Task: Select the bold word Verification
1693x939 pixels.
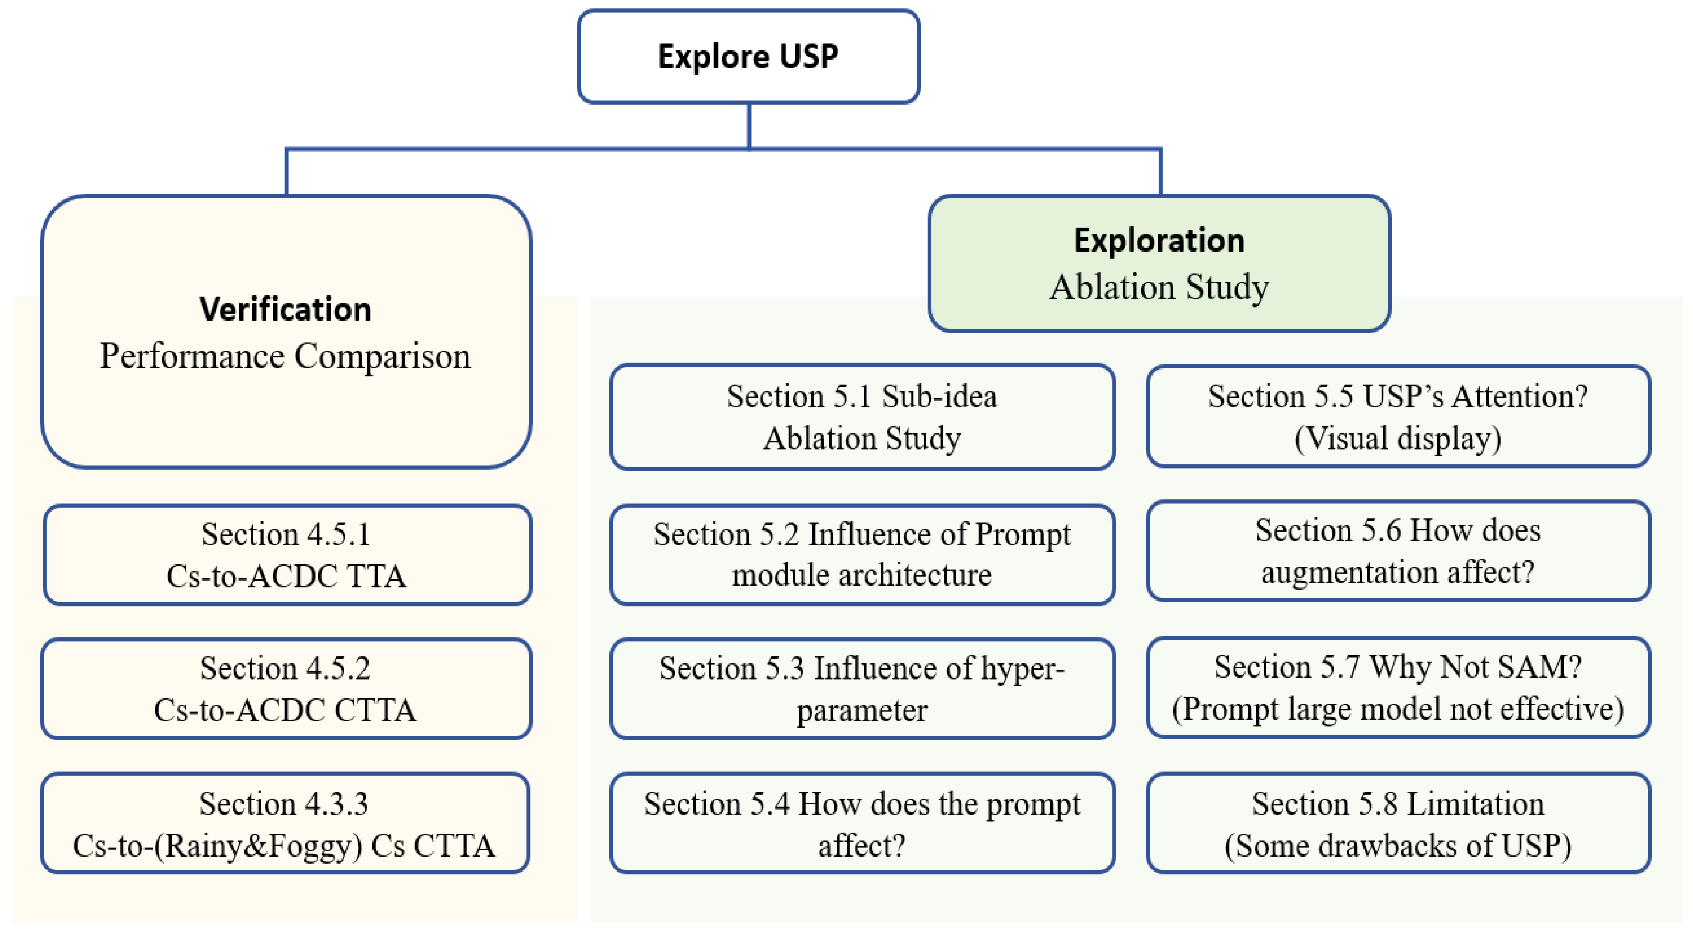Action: [285, 309]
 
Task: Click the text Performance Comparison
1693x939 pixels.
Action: [285, 357]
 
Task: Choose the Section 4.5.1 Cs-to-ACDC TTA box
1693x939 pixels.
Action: [287, 555]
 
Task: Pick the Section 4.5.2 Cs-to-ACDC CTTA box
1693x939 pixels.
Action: [285, 689]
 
